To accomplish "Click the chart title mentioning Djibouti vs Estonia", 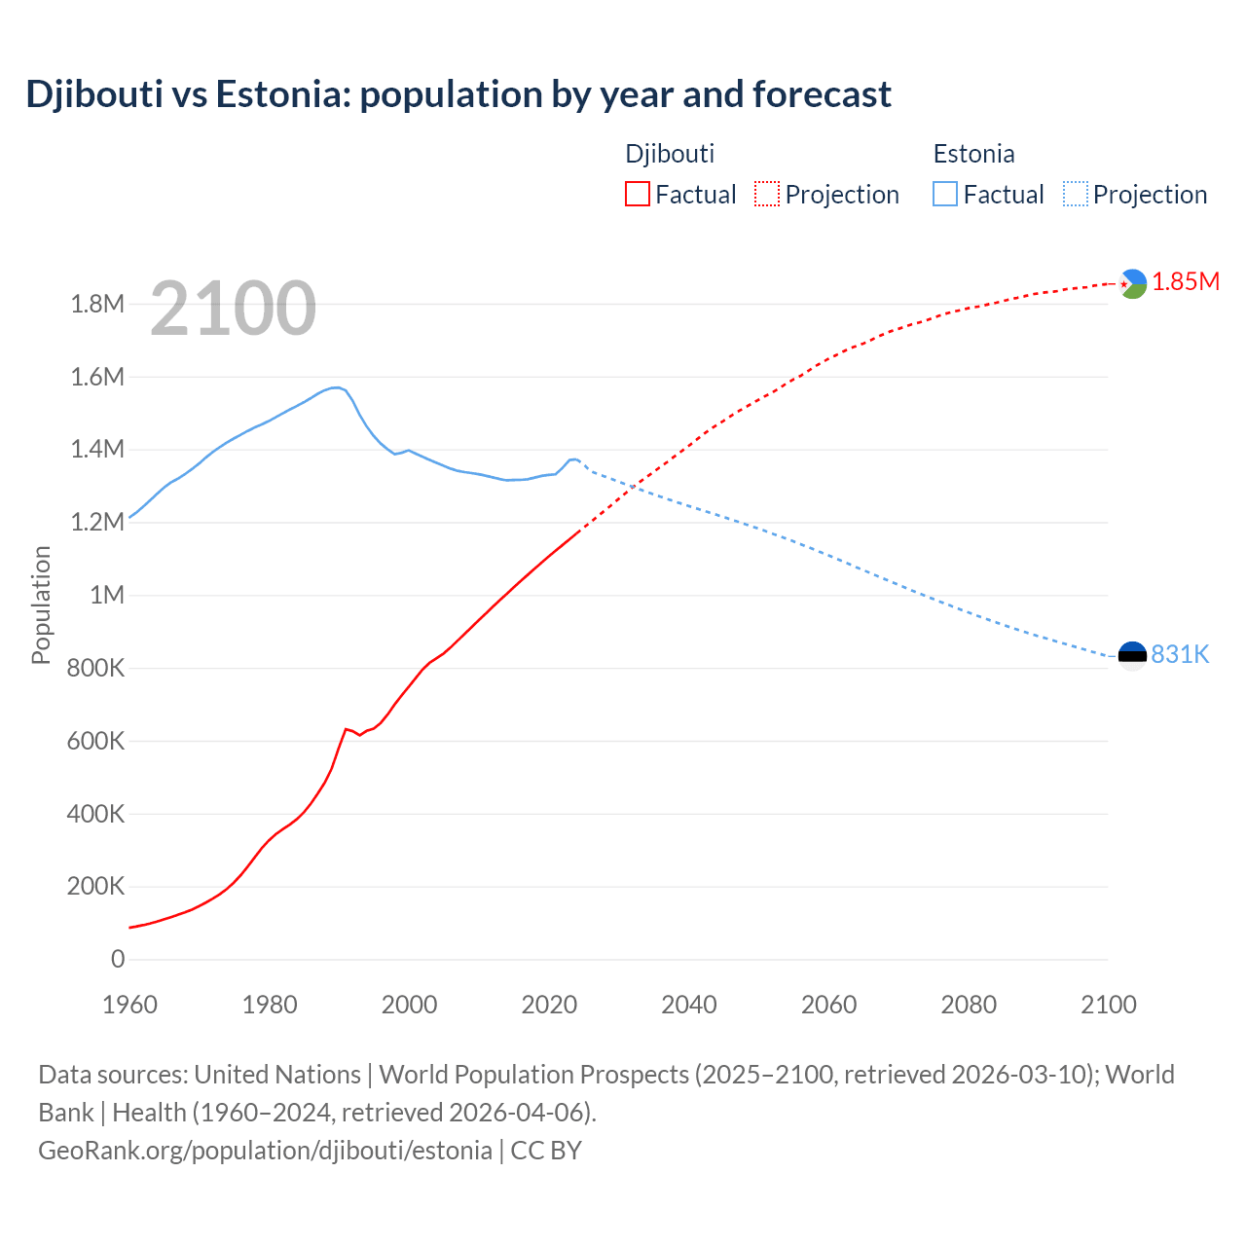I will coord(458,94).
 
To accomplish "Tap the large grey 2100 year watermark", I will coord(233,309).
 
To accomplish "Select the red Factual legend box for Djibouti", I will coord(637,194).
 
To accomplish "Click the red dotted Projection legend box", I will coord(767,194).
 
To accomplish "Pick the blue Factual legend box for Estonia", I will coord(944,194).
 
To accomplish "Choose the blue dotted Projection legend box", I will coord(1076,194).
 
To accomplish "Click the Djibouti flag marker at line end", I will coord(1132,283).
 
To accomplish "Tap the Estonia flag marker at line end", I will coord(1132,655).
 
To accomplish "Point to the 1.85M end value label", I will coord(1186,282).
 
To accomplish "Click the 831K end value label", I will coord(1180,654).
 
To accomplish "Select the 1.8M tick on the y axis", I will coord(97,304).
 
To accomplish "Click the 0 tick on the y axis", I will coord(118,959).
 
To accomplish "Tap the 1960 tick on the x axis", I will coord(129,1005).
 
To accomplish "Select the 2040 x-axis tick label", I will coord(689,1005).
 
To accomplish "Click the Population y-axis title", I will coord(41,605).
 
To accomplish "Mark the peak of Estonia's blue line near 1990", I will coord(336,387).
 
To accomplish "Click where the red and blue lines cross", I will coord(634,485).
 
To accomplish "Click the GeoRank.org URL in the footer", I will coord(265,1151).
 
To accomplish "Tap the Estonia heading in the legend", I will coord(973,154).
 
